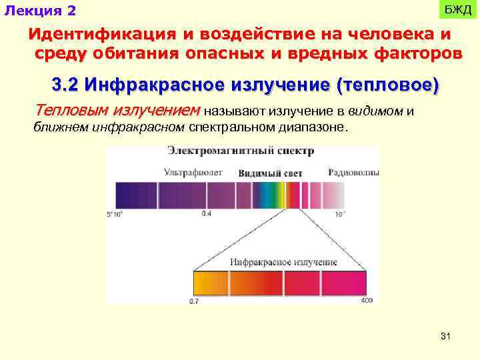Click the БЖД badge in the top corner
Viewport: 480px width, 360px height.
pyautogui.click(x=457, y=10)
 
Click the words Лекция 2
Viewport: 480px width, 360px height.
pyautogui.click(x=41, y=11)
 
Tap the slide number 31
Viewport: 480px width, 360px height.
pyautogui.click(x=445, y=337)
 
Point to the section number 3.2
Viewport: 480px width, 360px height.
pyautogui.click(x=65, y=86)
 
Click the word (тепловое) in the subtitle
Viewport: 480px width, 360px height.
pyautogui.click(x=389, y=86)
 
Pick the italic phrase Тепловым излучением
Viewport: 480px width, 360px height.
pyautogui.click(x=117, y=109)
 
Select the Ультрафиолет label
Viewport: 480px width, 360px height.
pyautogui.click(x=193, y=172)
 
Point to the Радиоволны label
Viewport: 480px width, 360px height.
pyautogui.click(x=353, y=172)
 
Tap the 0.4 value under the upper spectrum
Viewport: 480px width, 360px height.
pyautogui.click(x=206, y=213)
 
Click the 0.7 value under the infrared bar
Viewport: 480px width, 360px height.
pyautogui.click(x=194, y=302)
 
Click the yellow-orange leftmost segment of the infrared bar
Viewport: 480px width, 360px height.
pyautogui.click(x=210, y=283)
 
